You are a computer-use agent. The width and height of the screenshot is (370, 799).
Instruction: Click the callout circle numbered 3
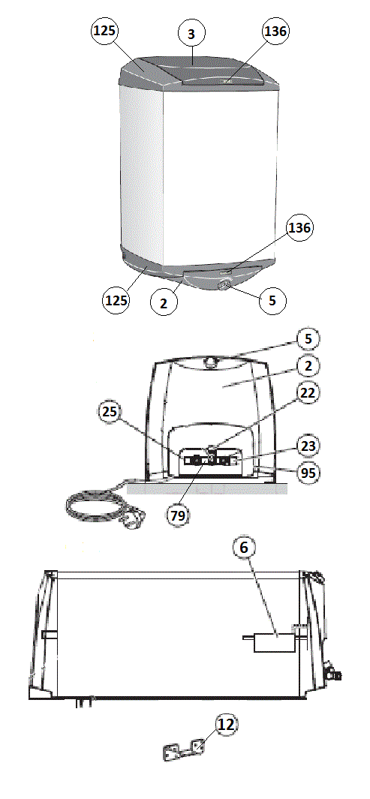click(x=191, y=35)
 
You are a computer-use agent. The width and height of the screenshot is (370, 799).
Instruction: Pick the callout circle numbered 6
click(x=244, y=548)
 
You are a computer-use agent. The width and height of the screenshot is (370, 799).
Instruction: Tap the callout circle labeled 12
click(x=227, y=724)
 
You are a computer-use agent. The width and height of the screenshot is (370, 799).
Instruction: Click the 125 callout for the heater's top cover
click(x=104, y=31)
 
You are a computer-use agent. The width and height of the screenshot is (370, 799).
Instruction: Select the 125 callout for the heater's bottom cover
click(x=116, y=301)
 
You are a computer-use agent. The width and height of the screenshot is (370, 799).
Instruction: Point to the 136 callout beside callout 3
click(x=275, y=31)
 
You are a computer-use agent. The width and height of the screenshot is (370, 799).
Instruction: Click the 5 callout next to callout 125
click(x=272, y=300)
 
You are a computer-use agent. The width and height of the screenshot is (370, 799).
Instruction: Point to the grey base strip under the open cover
click(x=207, y=488)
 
